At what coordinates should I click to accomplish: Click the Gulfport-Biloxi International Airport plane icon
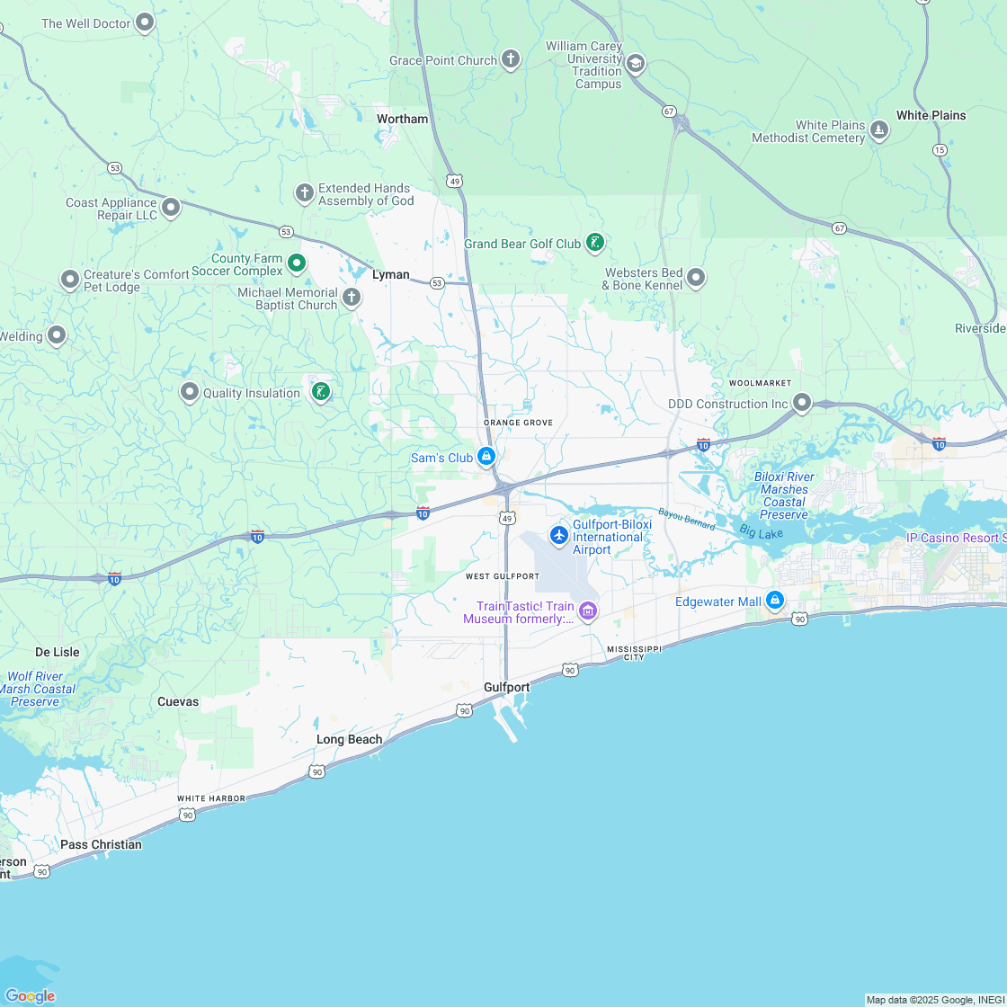[x=559, y=536]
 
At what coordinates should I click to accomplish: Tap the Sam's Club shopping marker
[x=486, y=457]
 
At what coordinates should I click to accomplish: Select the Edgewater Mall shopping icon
[x=775, y=600]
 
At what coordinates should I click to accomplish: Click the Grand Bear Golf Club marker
[x=594, y=242]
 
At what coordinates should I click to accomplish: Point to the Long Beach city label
[x=349, y=739]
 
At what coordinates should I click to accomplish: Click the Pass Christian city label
[x=101, y=844]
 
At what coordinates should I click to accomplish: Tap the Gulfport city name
[x=506, y=687]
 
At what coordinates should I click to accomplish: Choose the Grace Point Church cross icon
[x=511, y=60]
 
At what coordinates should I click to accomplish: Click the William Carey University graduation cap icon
[x=636, y=63]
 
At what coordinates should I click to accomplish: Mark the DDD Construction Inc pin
[x=802, y=403]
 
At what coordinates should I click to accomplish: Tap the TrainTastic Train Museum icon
[x=588, y=611]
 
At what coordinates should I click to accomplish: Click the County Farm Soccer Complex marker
[x=297, y=263]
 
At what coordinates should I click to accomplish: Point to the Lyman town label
[x=391, y=274]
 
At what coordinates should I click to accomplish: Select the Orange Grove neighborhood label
[x=518, y=423]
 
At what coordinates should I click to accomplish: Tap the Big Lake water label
[x=762, y=531]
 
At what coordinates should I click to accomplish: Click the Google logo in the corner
[x=30, y=995]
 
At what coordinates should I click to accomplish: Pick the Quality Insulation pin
[x=190, y=392]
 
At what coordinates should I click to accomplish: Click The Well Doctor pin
[x=145, y=22]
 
